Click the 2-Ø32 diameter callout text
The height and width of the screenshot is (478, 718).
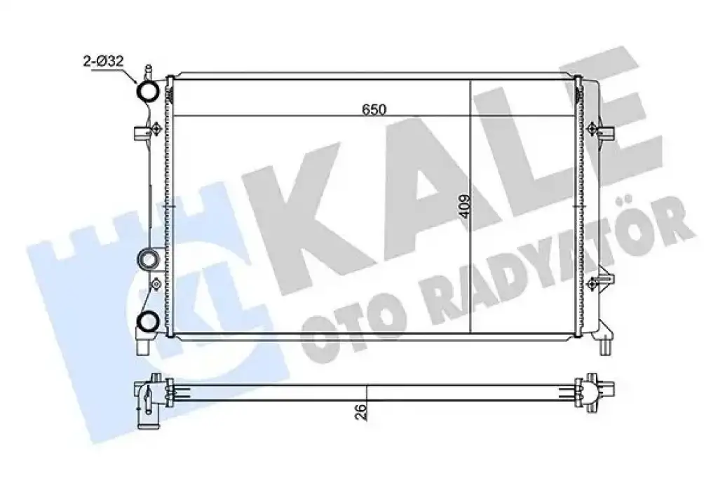coord(104,61)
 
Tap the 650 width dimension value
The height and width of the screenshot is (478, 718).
coord(374,109)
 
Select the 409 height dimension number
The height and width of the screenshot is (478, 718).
coord(464,207)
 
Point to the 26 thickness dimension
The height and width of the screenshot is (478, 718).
coord(360,411)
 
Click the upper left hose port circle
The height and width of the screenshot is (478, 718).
coord(149,91)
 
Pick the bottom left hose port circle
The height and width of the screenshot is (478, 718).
coord(148,320)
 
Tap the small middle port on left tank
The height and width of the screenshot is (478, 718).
coord(149,260)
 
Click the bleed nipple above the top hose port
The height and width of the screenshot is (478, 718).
coord(148,72)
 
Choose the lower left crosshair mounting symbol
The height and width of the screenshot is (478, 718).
coord(156,285)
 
